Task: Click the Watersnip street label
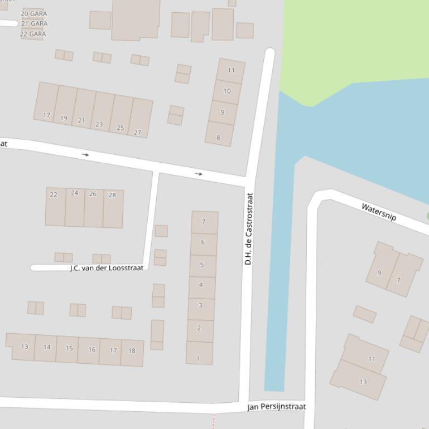pyautogui.click(x=379, y=212)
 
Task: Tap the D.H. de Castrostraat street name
pyautogui.click(x=249, y=228)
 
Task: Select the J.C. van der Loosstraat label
pyautogui.click(x=107, y=268)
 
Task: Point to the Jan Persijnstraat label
pyautogui.click(x=277, y=407)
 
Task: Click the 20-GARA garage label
pyautogui.click(x=34, y=13)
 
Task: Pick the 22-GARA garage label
pyautogui.click(x=33, y=34)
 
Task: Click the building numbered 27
pyautogui.click(x=137, y=133)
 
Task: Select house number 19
pyautogui.click(x=64, y=118)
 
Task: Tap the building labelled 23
pyautogui.click(x=99, y=124)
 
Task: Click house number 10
pyautogui.click(x=227, y=91)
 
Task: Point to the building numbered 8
pyautogui.click(x=218, y=138)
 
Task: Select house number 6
pyautogui.click(x=203, y=242)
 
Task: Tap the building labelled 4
pyautogui.click(x=201, y=285)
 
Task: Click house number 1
pyautogui.click(x=198, y=359)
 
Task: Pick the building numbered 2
pyautogui.click(x=199, y=328)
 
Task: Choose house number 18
pyautogui.click(x=132, y=351)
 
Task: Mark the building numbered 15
pyautogui.click(x=69, y=348)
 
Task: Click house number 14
pyautogui.click(x=47, y=347)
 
